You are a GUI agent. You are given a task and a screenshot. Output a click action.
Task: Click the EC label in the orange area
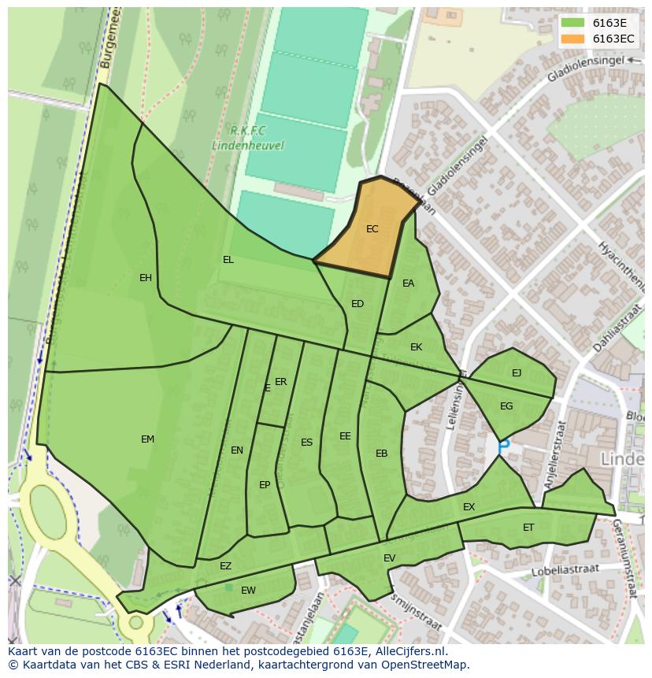[x=372, y=229]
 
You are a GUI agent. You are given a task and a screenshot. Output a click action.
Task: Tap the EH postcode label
[x=146, y=278]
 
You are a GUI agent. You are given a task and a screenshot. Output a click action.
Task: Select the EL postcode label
[x=228, y=260]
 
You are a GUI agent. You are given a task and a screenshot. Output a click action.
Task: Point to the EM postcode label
[x=147, y=439]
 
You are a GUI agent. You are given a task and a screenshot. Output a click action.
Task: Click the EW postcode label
[x=248, y=591]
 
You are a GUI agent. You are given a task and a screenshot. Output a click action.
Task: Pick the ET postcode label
[x=528, y=528]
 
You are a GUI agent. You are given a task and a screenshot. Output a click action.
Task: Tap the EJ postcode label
[x=517, y=373]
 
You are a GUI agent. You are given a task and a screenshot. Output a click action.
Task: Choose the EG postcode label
[x=506, y=406]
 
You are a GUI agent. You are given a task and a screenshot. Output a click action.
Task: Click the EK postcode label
[x=417, y=347]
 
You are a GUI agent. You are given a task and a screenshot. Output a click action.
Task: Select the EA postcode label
[x=408, y=283]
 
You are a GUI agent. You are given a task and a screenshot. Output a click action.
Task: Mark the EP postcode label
[x=265, y=485]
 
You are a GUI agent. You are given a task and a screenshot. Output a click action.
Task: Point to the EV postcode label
[x=389, y=558]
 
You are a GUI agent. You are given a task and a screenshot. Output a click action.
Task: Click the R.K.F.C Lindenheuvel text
[x=247, y=138]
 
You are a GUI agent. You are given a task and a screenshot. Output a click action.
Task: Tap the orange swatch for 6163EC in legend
[x=572, y=39]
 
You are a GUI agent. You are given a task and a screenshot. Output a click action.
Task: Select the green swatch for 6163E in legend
[x=572, y=22]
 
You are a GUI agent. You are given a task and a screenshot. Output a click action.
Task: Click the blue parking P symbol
[x=504, y=446]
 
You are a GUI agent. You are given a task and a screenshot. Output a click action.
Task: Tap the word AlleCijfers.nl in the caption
[x=408, y=652]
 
